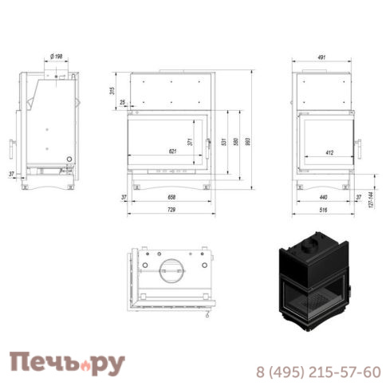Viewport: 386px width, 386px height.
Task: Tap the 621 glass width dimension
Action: [x=172, y=151]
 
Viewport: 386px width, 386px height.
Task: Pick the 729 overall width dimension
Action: [x=172, y=209]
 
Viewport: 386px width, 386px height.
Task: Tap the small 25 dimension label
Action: [x=122, y=103]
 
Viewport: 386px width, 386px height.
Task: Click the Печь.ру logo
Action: [x=66, y=363]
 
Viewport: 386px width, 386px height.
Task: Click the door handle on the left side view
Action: [x=11, y=148]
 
